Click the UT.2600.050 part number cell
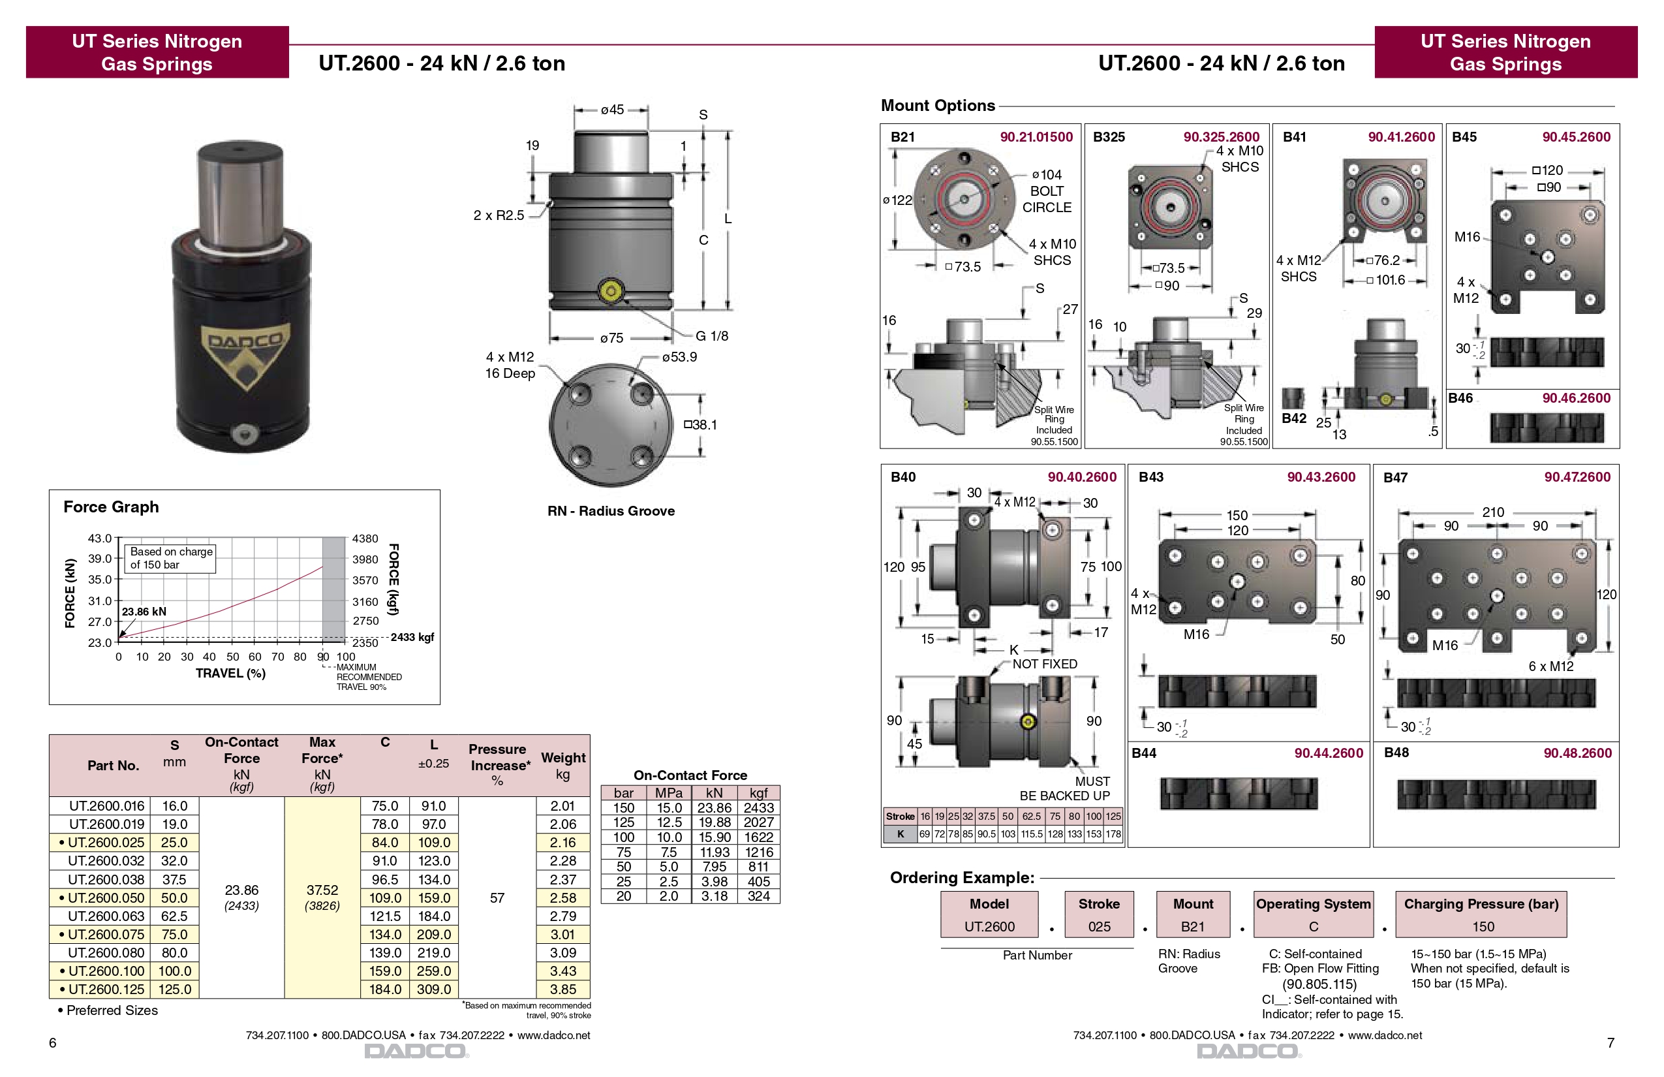point(106,898)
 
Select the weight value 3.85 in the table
point(562,990)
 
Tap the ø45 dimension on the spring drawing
point(612,110)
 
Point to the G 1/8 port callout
point(711,336)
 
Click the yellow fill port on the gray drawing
point(611,291)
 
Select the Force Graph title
point(111,507)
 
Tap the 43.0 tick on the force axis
point(99,538)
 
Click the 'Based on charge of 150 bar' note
point(170,558)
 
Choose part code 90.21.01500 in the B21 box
point(1036,137)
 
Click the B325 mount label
point(1109,137)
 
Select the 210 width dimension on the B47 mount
point(1493,512)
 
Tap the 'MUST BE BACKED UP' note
point(1064,789)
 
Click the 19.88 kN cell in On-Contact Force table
point(714,822)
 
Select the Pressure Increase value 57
point(497,898)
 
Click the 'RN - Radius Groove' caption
point(611,511)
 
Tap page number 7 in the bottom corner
point(1610,1043)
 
